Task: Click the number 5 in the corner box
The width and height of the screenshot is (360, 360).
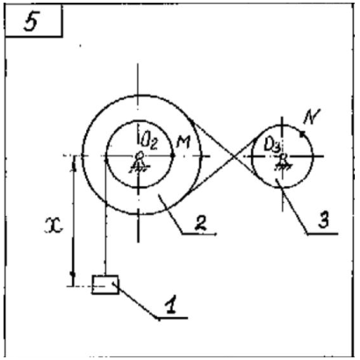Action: (32, 22)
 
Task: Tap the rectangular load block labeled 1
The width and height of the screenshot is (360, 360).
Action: (105, 284)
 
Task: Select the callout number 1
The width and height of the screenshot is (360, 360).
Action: (171, 305)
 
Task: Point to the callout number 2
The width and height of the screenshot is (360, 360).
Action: (201, 224)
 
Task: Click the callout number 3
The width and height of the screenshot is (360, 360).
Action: (323, 220)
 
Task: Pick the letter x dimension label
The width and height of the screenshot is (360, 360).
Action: (54, 226)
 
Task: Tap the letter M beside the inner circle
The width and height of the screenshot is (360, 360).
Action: (184, 142)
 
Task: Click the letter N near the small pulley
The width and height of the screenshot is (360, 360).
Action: (312, 117)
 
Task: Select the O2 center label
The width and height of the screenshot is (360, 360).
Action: (149, 142)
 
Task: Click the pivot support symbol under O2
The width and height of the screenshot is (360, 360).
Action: (138, 162)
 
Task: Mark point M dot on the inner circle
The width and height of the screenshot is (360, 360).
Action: (173, 155)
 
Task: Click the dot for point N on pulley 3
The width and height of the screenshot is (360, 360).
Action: (301, 133)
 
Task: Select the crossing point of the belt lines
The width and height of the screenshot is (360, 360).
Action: (234, 158)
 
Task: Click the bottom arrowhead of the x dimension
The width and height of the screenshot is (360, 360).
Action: (73, 275)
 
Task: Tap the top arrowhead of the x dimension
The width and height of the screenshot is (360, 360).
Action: (74, 165)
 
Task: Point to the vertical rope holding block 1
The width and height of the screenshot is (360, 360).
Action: (105, 217)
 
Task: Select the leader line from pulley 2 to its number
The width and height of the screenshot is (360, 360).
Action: (173, 218)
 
